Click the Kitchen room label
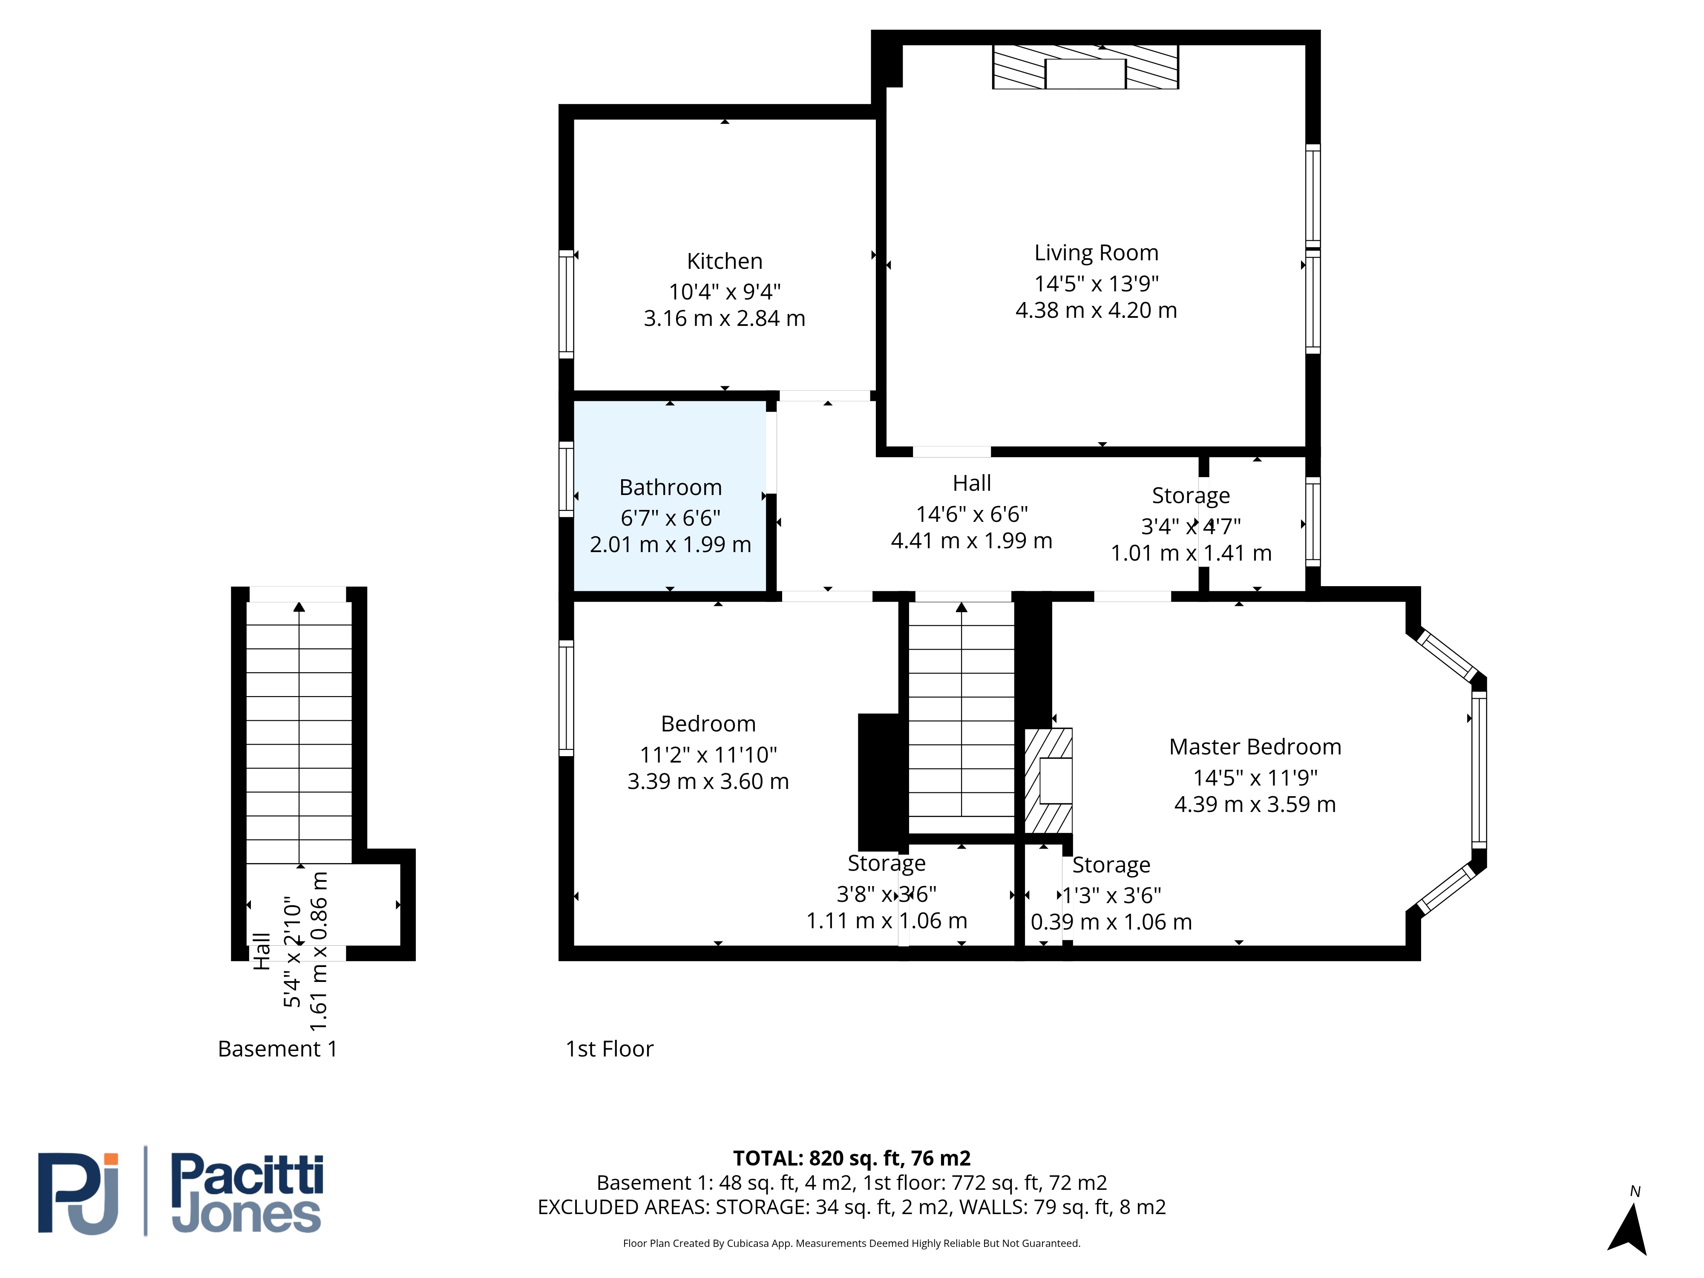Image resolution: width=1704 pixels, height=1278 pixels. pos(724,261)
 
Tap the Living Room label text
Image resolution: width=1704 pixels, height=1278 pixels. pos(1096,253)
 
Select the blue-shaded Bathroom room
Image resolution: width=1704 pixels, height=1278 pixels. pos(670,496)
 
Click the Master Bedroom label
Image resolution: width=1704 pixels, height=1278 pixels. pos(1255,746)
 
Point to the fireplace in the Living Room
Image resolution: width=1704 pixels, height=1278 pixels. pos(1085,67)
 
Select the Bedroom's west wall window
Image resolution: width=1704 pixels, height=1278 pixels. pos(566,698)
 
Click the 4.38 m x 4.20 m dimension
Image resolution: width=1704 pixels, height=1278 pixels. pos(1096,311)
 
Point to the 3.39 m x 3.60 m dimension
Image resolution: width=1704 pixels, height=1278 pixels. pos(708,781)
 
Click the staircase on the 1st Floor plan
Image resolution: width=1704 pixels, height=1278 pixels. pos(961,709)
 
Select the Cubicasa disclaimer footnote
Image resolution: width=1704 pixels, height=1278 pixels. pos(851,1243)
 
